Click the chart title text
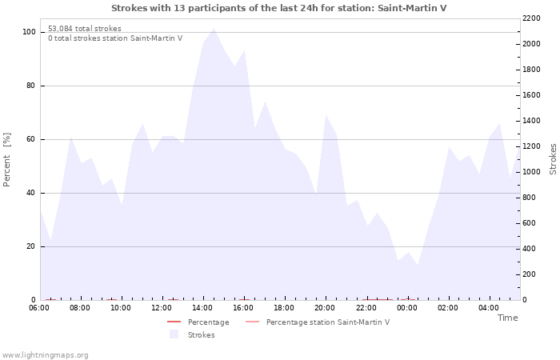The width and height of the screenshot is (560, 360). (279, 8)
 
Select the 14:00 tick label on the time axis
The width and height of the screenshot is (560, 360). (202, 308)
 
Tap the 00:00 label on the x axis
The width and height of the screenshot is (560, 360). (406, 308)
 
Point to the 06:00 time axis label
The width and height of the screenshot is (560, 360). (39, 308)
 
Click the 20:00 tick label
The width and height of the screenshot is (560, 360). (325, 308)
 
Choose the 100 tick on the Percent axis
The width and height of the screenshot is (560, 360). (30, 32)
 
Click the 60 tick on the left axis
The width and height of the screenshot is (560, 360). (31, 139)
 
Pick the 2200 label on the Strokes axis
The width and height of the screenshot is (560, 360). (531, 18)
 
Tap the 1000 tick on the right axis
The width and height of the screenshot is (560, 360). (531, 172)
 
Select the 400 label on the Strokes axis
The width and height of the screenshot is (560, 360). (530, 249)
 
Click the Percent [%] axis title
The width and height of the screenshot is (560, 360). (6, 160)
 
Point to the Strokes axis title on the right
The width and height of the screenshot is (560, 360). (553, 159)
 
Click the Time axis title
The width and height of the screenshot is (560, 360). (508, 318)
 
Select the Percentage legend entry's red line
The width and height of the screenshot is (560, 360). (174, 322)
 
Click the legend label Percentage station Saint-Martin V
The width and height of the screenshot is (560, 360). (328, 322)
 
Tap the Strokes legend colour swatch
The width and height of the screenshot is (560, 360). (174, 334)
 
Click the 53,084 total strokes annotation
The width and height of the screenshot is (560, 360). (85, 29)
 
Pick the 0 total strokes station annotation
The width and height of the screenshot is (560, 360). (115, 38)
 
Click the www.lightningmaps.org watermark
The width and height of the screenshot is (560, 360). (44, 355)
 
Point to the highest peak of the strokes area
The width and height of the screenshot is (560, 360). (214, 28)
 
